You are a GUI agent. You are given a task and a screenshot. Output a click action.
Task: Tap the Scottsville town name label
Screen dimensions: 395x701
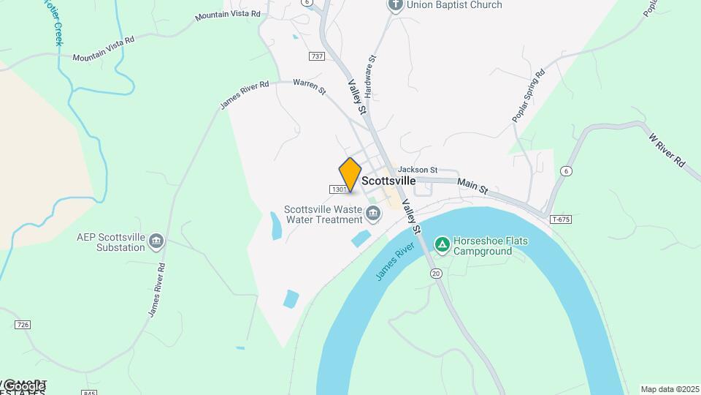pyautogui.click(x=388, y=181)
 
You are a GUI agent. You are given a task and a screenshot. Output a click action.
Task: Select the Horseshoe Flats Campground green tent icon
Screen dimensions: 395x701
pyautogui.click(x=442, y=244)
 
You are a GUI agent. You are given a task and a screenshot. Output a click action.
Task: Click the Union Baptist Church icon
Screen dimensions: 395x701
pyautogui.click(x=395, y=5)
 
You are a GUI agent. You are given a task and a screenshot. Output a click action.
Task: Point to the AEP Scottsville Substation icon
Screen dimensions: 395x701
pyautogui.click(x=156, y=241)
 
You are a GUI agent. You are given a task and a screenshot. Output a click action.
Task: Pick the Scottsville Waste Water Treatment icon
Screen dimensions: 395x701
pyautogui.click(x=373, y=214)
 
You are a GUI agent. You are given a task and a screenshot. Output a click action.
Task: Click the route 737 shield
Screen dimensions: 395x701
pyautogui.click(x=317, y=56)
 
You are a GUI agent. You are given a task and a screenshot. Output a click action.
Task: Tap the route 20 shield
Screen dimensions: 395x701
pyautogui.click(x=436, y=274)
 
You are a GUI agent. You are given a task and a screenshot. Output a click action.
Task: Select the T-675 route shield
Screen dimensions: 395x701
pyautogui.click(x=561, y=219)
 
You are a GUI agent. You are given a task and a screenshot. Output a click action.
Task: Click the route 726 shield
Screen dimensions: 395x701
pyautogui.click(x=23, y=325)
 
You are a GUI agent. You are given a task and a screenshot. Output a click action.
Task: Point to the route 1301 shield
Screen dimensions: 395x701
pyautogui.click(x=339, y=189)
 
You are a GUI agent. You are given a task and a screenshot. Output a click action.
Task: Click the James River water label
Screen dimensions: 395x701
pyautogui.click(x=395, y=262)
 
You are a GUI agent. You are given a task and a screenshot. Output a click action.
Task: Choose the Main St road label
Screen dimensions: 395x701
pyautogui.click(x=473, y=186)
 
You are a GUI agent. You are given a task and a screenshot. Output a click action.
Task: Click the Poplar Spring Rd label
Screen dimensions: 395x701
pyautogui.click(x=529, y=95)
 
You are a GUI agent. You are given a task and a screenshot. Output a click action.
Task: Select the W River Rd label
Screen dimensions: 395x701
pyautogui.click(x=667, y=148)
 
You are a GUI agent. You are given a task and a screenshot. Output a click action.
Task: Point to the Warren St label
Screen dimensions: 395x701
pyautogui.click(x=309, y=87)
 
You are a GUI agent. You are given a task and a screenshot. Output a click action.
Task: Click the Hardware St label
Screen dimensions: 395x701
pyautogui.click(x=370, y=77)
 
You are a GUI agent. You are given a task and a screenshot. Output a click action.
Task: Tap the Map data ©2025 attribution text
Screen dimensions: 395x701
pyautogui.click(x=670, y=389)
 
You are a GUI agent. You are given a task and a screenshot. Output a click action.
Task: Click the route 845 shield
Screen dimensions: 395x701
pyautogui.click(x=90, y=393)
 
